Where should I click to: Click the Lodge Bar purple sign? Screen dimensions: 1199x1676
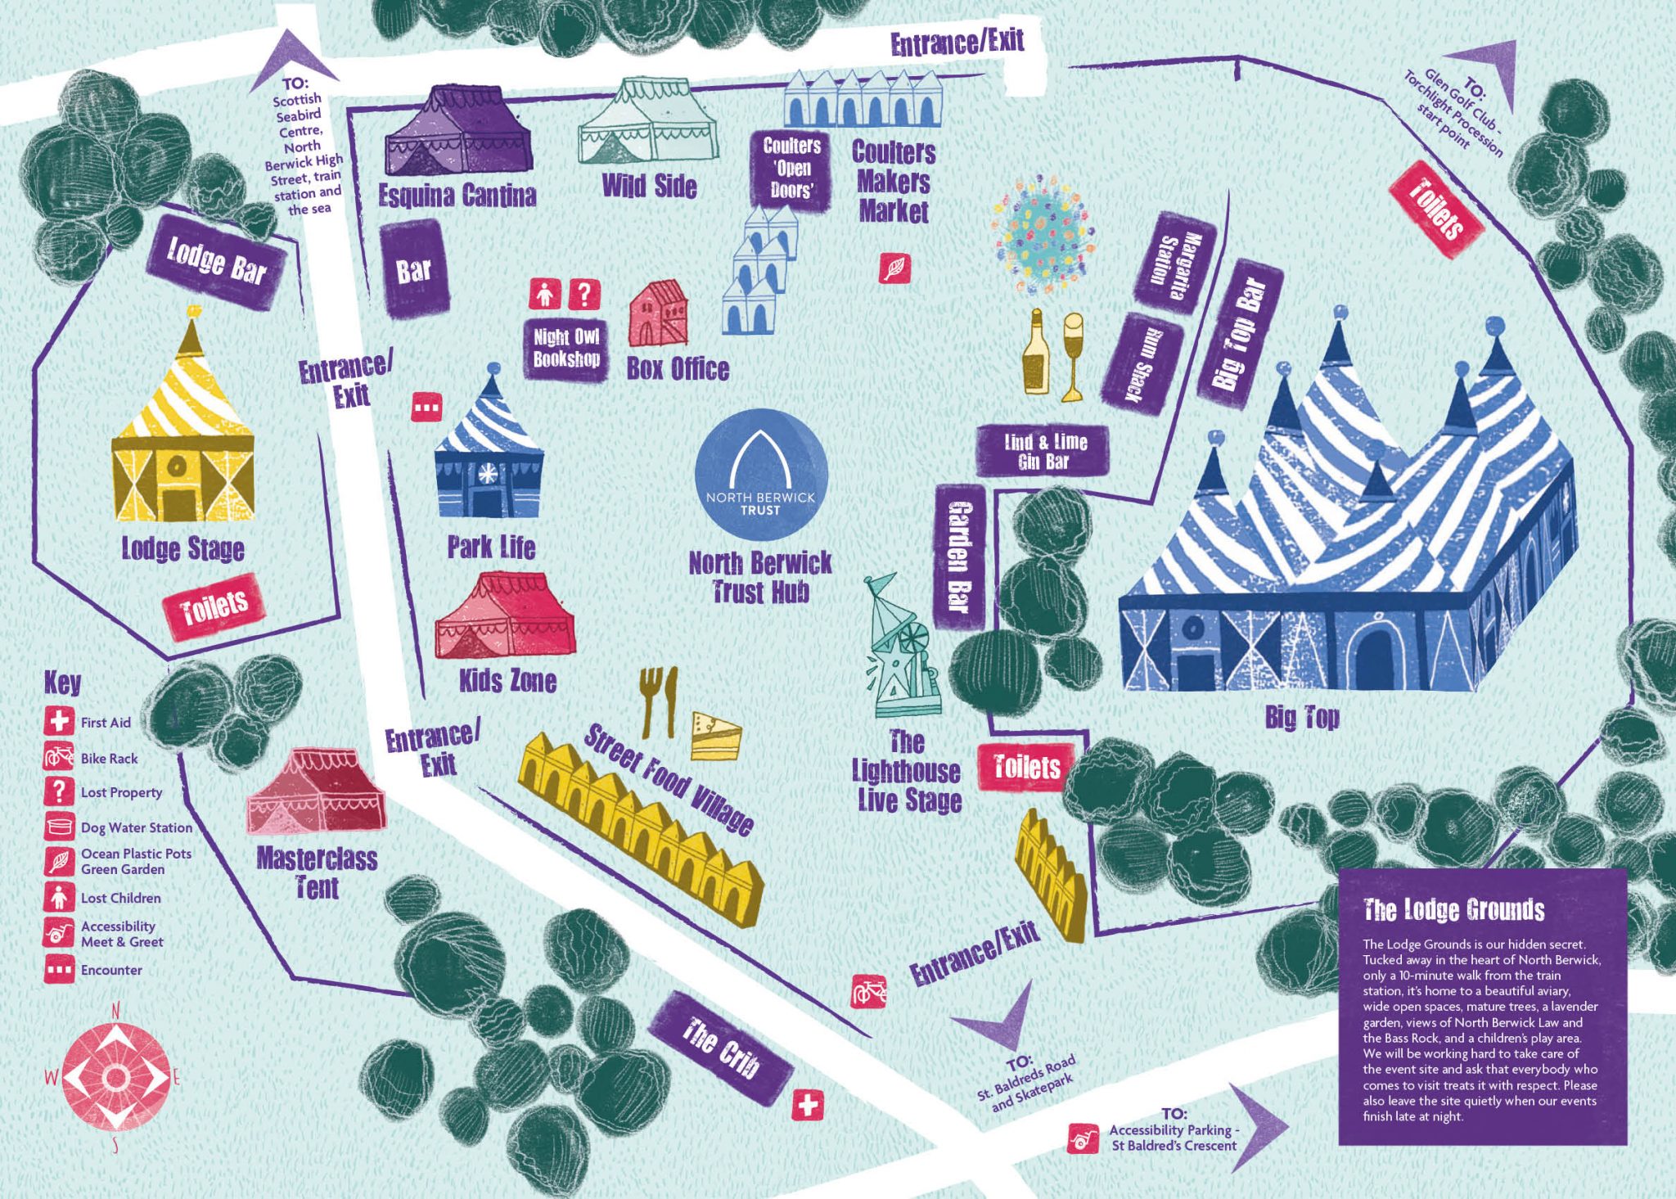point(217,262)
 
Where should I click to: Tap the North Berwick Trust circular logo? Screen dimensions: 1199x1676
point(760,475)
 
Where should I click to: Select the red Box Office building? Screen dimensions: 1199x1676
point(658,314)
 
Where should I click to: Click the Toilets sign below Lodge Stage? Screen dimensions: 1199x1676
point(214,605)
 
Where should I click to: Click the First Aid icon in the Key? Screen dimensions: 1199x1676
point(58,722)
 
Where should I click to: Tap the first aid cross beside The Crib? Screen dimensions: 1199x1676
point(807,1106)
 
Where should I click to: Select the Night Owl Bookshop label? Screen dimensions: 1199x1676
point(566,349)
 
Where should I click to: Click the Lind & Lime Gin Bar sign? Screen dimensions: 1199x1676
point(1043,452)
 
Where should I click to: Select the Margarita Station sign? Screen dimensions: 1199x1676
point(1174,259)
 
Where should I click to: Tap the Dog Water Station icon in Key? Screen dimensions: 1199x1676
point(58,827)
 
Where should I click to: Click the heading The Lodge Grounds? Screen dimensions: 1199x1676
point(1453,909)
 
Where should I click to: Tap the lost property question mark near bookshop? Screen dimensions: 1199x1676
point(583,294)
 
